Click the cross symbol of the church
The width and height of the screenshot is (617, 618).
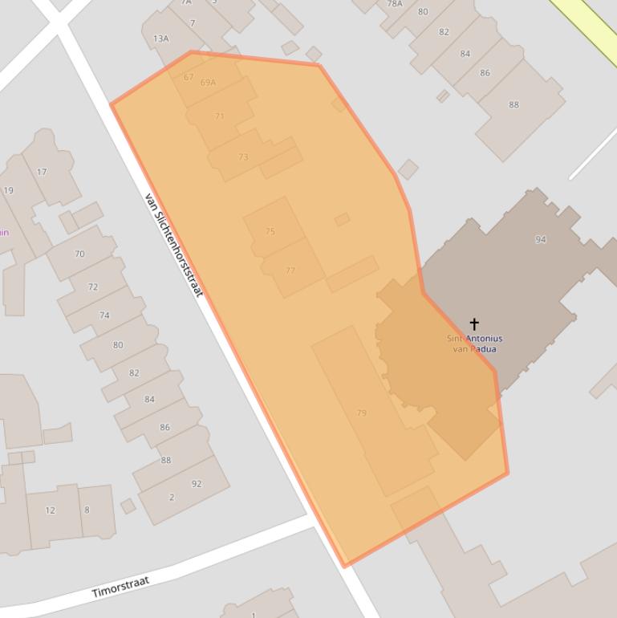pos(474,323)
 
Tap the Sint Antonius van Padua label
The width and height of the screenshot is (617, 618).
pos(474,344)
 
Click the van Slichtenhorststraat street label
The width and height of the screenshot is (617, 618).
pos(174,244)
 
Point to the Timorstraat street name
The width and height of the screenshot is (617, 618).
pos(120,587)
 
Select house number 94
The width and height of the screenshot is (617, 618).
pos(541,239)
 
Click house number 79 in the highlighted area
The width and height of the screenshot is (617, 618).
pos(361,413)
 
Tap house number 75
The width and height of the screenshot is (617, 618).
pos(270,231)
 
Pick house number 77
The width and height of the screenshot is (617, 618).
pos(290,270)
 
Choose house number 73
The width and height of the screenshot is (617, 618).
pos(243,157)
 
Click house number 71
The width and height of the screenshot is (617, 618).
pos(220,116)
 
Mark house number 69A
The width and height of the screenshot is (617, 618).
pos(208,83)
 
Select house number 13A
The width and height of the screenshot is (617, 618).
pos(161,39)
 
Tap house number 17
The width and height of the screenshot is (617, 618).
pos(42,172)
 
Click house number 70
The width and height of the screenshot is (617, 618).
pos(79,254)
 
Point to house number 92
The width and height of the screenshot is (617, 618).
pos(197,484)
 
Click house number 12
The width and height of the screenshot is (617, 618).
pos(51,510)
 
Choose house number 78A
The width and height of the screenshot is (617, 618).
pos(395,4)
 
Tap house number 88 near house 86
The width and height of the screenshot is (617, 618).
pos(513,104)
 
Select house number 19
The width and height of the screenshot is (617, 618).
pos(8,191)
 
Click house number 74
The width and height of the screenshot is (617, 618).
pos(104,315)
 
